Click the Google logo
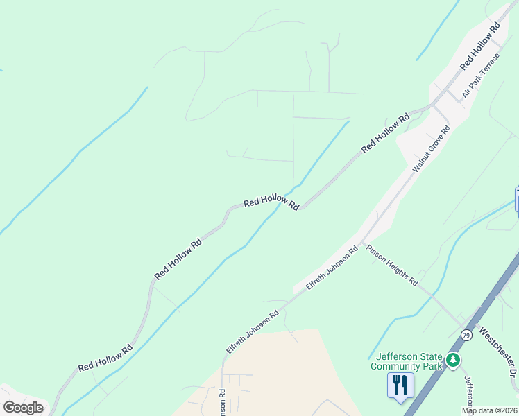(x=23, y=408)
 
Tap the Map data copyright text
(x=489, y=410)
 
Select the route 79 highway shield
(x=466, y=336)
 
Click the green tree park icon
(x=452, y=360)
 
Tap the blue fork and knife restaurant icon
(x=400, y=384)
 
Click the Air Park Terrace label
(x=481, y=75)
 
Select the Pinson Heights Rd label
(x=392, y=266)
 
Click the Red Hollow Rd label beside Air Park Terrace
(x=480, y=46)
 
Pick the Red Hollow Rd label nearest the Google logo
(x=105, y=357)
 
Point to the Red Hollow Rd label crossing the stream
(x=271, y=202)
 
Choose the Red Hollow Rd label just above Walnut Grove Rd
(x=385, y=135)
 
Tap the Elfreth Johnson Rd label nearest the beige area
(x=252, y=333)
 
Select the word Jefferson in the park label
(x=393, y=356)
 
